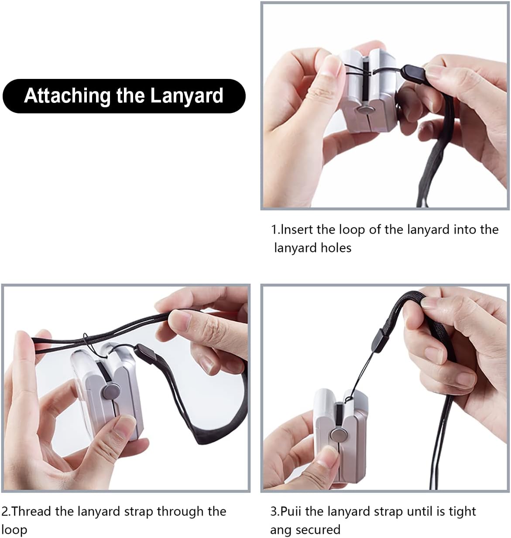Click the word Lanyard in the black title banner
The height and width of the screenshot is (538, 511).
tap(187, 96)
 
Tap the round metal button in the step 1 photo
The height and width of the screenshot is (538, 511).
tap(364, 111)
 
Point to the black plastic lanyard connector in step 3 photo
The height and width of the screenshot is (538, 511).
tap(380, 341)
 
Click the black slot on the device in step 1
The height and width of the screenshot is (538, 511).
tap(366, 82)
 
